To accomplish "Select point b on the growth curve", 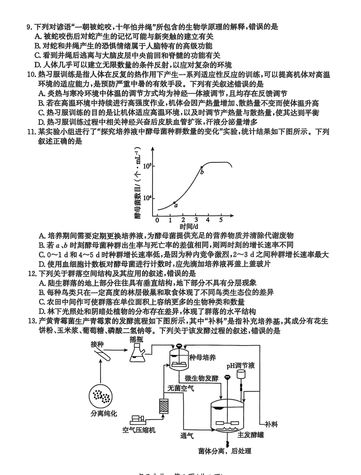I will point(202,167).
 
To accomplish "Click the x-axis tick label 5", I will point(221,220).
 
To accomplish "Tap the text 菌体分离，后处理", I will point(224,451).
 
